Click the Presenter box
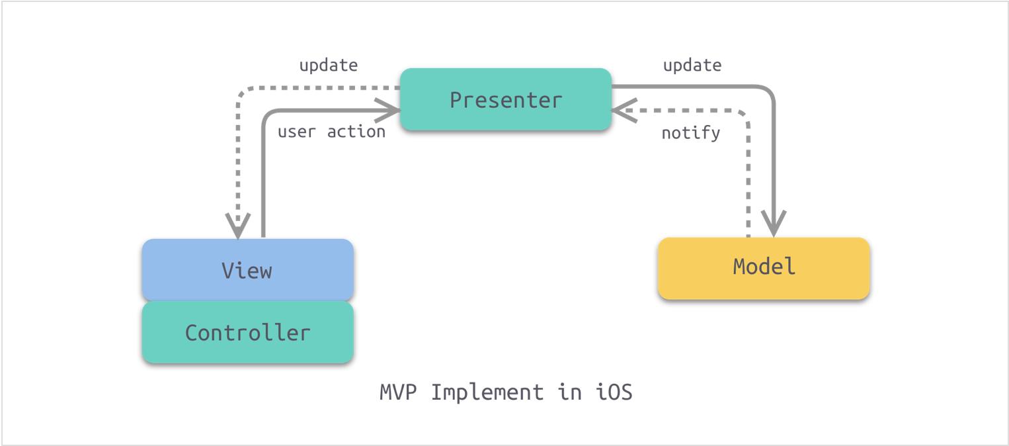(x=505, y=99)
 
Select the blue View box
(x=248, y=270)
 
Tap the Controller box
(x=248, y=332)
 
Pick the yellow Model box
(x=764, y=268)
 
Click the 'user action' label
(x=331, y=132)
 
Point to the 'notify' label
(x=690, y=133)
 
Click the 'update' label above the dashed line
(x=329, y=66)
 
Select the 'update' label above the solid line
(x=692, y=66)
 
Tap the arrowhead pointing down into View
(x=238, y=226)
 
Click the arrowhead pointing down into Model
(x=774, y=224)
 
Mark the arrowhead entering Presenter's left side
(x=387, y=110)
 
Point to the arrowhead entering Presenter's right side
(x=624, y=111)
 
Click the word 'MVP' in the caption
(x=398, y=392)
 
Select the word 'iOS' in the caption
(x=614, y=392)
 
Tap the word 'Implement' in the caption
(x=487, y=392)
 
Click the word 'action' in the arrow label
(x=356, y=132)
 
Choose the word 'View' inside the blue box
(x=247, y=271)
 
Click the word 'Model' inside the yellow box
(x=764, y=266)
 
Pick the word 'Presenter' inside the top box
(x=506, y=100)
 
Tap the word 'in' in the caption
(x=570, y=392)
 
